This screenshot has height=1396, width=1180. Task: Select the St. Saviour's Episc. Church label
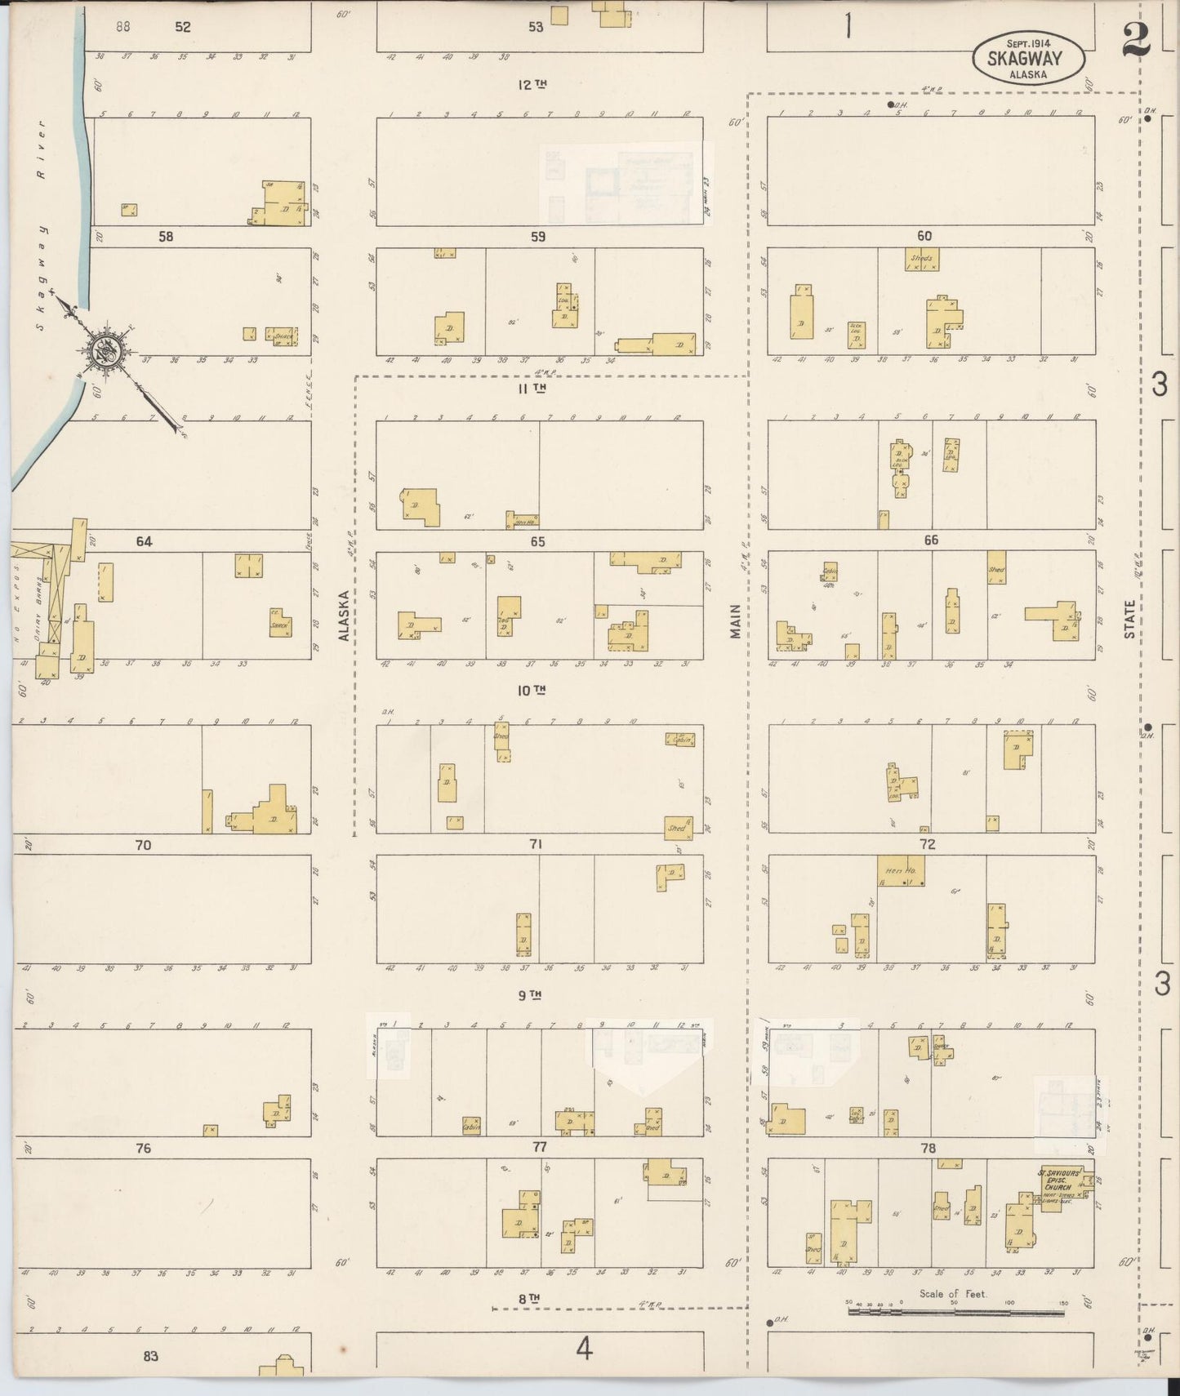pos(1059,1180)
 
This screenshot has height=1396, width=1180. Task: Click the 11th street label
pos(532,389)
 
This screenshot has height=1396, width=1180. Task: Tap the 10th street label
pos(532,691)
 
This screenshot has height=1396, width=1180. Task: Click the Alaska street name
pos(344,615)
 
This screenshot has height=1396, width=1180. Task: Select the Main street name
pos(735,620)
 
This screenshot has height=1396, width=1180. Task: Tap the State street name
pos(1129,619)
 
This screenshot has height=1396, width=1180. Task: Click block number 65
pos(537,541)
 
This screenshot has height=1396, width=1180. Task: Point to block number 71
pos(535,844)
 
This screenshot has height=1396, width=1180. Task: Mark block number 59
pos(537,237)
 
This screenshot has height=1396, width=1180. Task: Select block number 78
pos(928,1148)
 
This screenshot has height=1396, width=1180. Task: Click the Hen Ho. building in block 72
pos(901,871)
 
